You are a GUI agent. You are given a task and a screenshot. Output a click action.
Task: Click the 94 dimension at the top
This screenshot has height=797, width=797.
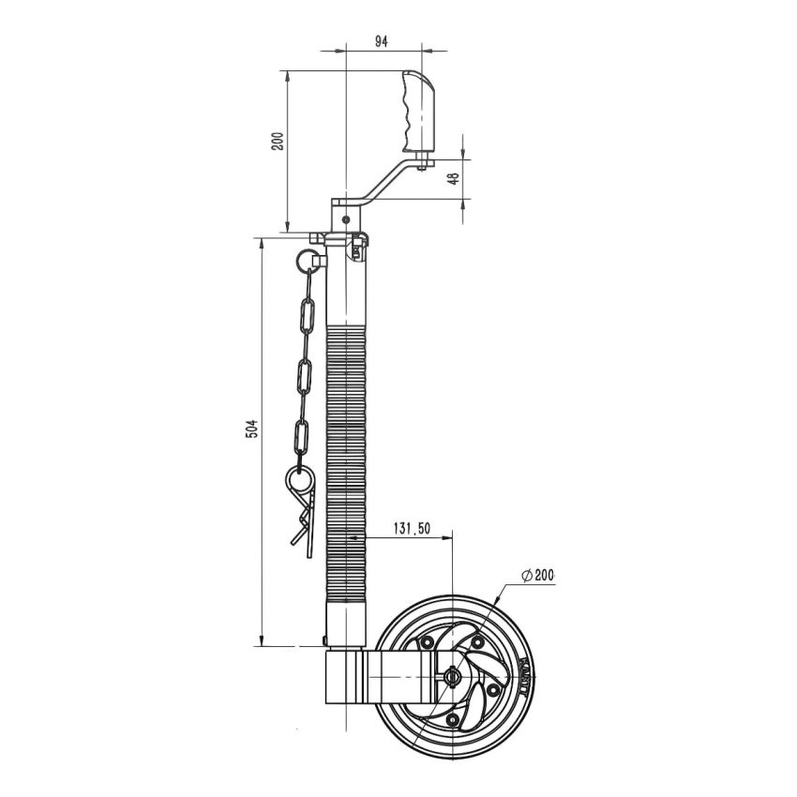tap(382, 41)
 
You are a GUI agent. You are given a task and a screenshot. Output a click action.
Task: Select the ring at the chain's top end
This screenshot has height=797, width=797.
tap(307, 256)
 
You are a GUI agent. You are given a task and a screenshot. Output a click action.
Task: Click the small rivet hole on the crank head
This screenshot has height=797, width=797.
tap(347, 218)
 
